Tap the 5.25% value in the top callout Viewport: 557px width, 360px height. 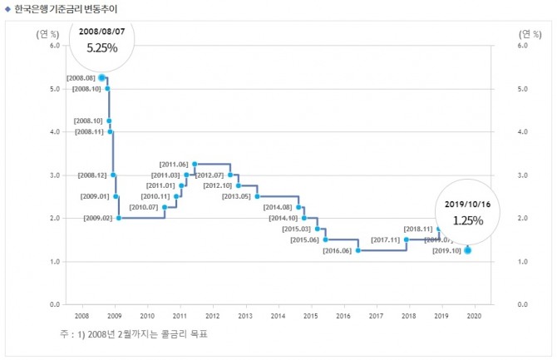point(102,48)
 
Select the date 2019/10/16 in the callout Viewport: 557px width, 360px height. point(467,205)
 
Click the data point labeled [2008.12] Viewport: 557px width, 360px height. point(113,175)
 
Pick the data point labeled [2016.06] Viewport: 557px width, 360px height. point(357,250)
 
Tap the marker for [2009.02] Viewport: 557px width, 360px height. point(119,218)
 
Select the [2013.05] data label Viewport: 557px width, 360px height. point(237,196)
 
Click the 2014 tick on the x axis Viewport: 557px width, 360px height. point(278,316)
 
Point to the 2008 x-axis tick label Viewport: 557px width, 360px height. point(81,316)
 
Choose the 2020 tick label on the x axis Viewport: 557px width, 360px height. point(474,316)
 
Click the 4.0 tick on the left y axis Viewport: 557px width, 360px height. point(53,131)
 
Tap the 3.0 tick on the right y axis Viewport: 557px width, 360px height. point(523,175)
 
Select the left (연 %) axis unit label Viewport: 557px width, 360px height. point(47,34)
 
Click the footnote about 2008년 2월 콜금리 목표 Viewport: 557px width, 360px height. point(133,335)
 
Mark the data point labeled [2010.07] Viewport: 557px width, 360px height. point(165,207)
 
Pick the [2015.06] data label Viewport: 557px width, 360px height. point(304,239)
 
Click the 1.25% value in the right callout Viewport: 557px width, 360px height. point(467,222)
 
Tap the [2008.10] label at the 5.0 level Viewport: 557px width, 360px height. point(86,88)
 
